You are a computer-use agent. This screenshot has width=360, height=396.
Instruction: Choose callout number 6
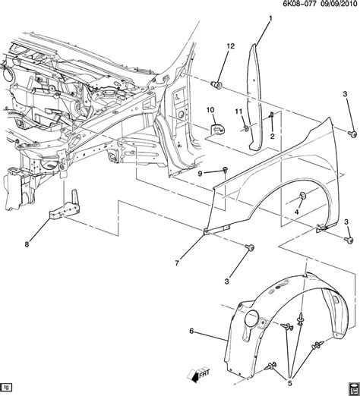click(x=191, y=331)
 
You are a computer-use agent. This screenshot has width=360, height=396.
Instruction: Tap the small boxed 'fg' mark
click(x=8, y=387)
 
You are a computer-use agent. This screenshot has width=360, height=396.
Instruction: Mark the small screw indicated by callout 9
click(x=227, y=171)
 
